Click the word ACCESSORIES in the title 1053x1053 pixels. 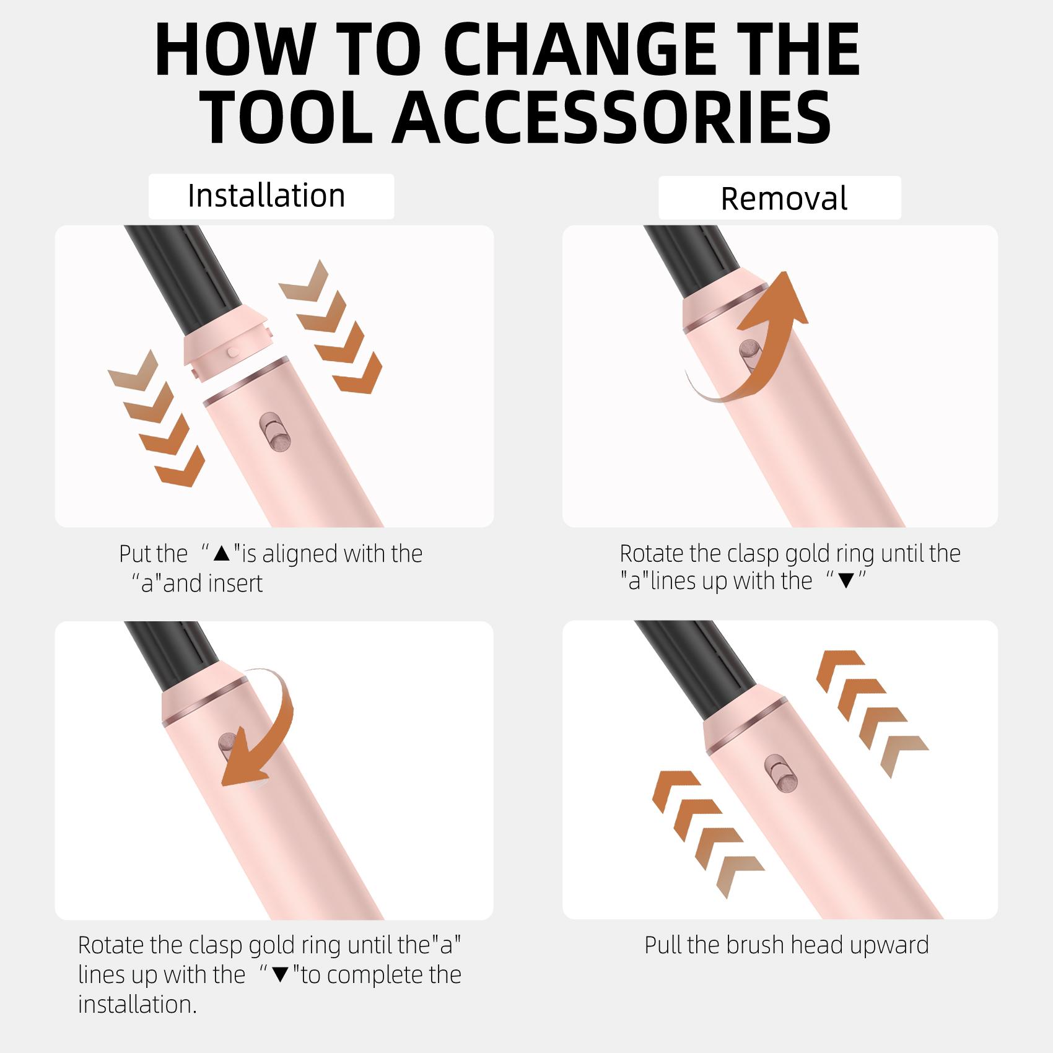613,115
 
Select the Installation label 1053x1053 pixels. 266,196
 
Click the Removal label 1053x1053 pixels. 784,199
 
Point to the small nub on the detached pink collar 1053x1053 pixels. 233,351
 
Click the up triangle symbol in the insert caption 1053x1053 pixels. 221,554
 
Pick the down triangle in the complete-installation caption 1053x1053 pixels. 280,975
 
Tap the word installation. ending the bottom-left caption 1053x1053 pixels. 137,1004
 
